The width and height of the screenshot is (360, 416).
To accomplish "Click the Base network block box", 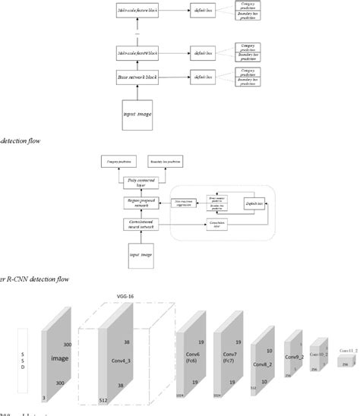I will [x=137, y=77].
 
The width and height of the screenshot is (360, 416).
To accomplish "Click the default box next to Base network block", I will [x=201, y=77].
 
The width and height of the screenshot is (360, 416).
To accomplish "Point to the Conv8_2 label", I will [x=261, y=342].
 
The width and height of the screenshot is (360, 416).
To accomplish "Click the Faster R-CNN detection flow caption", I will [x=34, y=279].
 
